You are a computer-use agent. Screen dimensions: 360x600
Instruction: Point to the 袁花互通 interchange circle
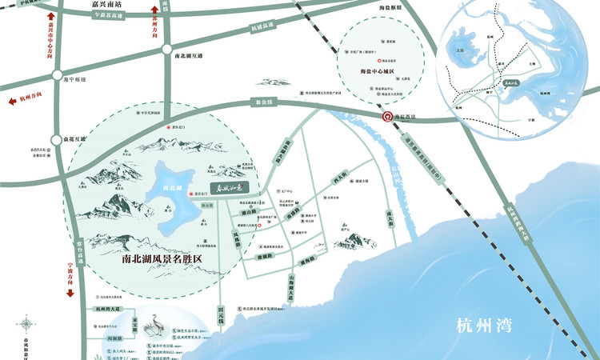coord(55,140)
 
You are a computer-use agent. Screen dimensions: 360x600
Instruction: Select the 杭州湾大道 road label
coord(106,308)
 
